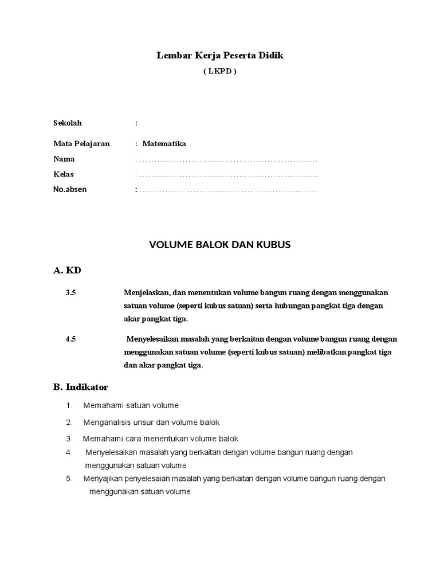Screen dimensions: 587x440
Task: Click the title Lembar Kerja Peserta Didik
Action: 220,56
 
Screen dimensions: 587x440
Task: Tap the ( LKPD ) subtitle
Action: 220,72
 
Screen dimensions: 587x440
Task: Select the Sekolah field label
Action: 68,123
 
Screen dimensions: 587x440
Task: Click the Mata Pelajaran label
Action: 81,144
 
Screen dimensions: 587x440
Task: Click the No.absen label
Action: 70,189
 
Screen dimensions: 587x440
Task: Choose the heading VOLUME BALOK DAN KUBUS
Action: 220,245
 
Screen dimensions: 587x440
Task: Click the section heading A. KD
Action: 68,270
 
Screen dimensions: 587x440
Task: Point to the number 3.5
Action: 71,292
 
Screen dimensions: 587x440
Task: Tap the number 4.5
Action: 71,339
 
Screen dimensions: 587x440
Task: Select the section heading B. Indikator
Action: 80,388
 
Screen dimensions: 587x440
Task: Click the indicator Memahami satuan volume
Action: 131,406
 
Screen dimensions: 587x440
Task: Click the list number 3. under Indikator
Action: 69,439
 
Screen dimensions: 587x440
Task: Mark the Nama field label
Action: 64,159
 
